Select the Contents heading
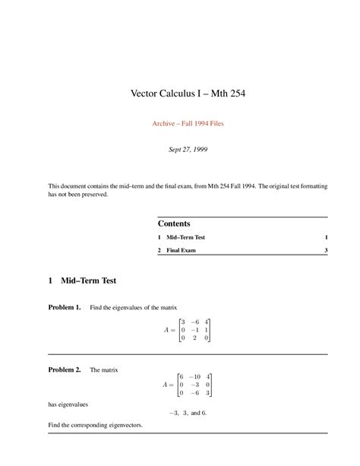174,223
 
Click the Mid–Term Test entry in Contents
186,238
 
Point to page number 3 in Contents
325,250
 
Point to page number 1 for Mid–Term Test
325,238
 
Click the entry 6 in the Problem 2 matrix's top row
180,377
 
